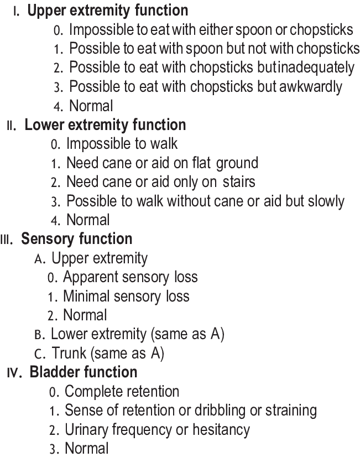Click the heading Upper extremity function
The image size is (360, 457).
(x=107, y=11)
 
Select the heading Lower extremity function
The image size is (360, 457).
(x=105, y=125)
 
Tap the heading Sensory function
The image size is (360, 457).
(x=77, y=239)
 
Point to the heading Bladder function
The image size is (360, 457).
(x=83, y=372)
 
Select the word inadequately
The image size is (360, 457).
(x=316, y=67)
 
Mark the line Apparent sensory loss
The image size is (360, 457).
(x=130, y=277)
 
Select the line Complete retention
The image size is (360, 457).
(x=122, y=392)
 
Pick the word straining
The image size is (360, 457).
(x=288, y=411)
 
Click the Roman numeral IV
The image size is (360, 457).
(x=14, y=372)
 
